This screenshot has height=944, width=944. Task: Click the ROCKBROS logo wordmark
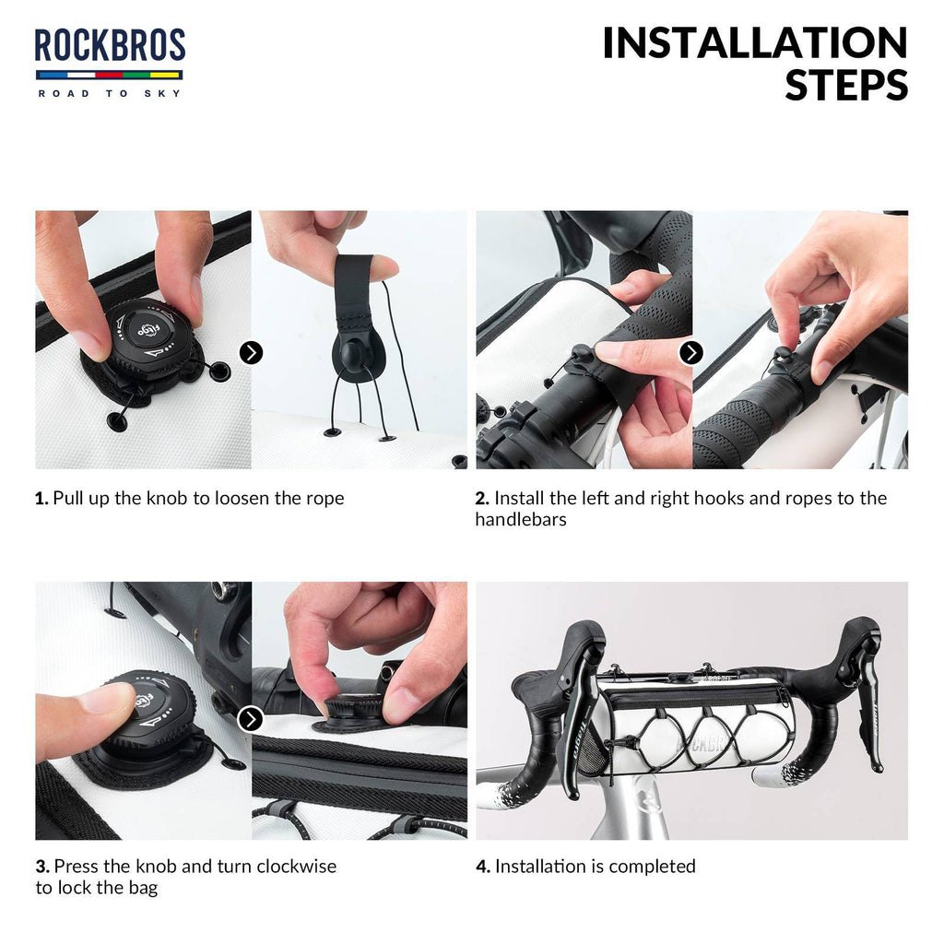coord(110,45)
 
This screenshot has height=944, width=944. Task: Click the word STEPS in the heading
coord(846,85)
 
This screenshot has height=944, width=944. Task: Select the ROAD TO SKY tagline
coord(110,93)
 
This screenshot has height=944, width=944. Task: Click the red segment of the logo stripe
coord(109,76)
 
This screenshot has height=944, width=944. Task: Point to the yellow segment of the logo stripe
coord(166,76)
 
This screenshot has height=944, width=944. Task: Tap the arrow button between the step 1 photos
coord(251,353)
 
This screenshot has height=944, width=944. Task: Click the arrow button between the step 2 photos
coord(691,353)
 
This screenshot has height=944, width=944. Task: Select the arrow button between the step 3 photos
coord(251,719)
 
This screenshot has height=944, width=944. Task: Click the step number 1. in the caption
coord(41,499)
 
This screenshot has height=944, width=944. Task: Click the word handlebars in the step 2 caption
coord(521,520)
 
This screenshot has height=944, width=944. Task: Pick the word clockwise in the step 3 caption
coord(296,867)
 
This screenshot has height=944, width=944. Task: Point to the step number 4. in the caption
coord(483,867)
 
